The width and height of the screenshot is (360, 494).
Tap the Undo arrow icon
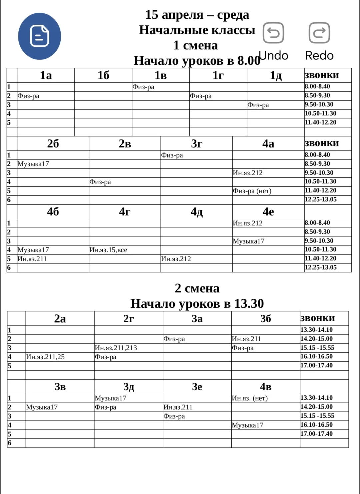click(x=273, y=33)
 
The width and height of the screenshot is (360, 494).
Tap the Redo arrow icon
click(x=319, y=33)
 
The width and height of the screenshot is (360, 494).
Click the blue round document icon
click(x=39, y=36)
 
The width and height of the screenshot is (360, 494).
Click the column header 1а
click(x=46, y=75)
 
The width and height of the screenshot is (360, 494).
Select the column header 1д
click(x=275, y=75)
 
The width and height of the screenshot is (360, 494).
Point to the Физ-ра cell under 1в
click(x=143, y=87)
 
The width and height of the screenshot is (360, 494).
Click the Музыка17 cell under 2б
click(x=33, y=164)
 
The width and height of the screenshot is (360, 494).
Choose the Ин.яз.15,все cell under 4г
click(x=108, y=250)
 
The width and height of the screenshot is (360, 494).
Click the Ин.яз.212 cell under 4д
click(x=176, y=259)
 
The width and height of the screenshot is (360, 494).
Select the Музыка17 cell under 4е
click(x=249, y=241)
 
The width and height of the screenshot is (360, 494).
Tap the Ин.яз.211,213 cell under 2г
click(x=116, y=348)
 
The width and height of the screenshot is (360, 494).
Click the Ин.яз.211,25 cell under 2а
click(x=45, y=357)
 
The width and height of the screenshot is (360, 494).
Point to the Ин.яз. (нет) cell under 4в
click(x=250, y=398)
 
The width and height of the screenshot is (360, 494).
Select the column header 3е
click(x=197, y=387)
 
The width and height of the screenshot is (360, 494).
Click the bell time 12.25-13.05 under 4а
click(x=320, y=200)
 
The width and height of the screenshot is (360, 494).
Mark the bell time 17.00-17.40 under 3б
click(x=316, y=366)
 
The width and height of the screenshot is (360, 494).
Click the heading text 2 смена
click(x=197, y=288)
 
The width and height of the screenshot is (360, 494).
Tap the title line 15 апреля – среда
click(x=197, y=15)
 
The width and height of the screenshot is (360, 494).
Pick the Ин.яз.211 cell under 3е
click(x=178, y=407)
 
